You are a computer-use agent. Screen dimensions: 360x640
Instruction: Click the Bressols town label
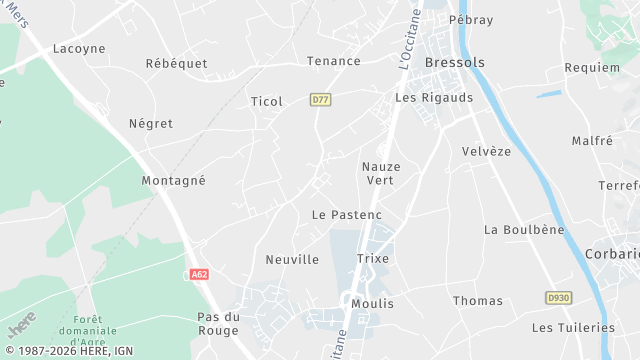tap(454, 62)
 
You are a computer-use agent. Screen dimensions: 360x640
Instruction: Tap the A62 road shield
tap(200, 273)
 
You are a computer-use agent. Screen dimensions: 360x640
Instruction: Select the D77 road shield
tap(320, 100)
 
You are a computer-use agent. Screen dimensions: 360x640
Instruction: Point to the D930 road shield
tap(558, 298)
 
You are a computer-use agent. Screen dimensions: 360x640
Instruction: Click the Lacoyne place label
tap(78, 48)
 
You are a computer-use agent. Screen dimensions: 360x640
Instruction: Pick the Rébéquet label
tap(176, 63)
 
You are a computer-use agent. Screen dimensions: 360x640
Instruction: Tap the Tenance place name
tap(333, 61)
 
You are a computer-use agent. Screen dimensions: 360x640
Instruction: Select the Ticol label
tap(266, 101)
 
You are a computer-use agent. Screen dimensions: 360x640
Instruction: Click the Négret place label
tap(151, 124)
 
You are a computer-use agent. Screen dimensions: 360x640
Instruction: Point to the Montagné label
tap(173, 181)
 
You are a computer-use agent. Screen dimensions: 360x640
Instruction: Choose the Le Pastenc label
tap(347, 215)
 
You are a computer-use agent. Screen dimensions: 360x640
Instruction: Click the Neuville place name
tap(292, 260)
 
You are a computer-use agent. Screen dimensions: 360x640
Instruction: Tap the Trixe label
tap(373, 258)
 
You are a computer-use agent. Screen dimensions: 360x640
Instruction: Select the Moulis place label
tap(373, 303)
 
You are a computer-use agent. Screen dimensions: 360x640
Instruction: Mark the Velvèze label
tap(487, 151)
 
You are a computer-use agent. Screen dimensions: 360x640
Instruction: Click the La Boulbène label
tap(524, 229)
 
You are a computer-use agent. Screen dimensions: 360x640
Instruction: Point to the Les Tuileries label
tap(573, 327)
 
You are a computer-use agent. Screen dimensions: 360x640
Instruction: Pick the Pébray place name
tap(471, 20)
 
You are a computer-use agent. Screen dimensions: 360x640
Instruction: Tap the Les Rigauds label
tap(434, 98)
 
